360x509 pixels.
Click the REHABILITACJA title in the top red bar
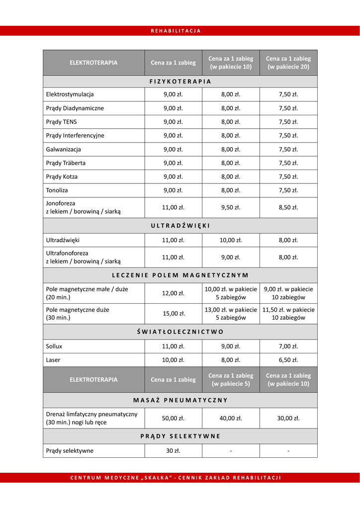click(x=176, y=31)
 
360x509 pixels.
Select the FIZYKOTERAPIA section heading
click(x=180, y=81)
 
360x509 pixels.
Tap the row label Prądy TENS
click(x=62, y=122)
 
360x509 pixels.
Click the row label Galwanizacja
click(x=64, y=149)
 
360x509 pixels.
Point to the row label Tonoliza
click(x=57, y=190)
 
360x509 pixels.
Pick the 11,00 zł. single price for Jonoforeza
click(x=173, y=207)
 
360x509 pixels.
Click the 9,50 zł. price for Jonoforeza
click(x=231, y=207)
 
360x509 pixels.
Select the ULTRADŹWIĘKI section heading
click(x=180, y=226)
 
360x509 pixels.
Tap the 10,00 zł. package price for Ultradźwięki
click(x=231, y=240)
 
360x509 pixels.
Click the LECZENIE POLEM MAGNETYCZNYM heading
click(x=180, y=275)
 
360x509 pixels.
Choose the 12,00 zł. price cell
click(x=173, y=293)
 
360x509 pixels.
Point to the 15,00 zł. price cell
click(x=173, y=314)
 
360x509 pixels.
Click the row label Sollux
click(x=54, y=346)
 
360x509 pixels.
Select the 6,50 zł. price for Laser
click(x=288, y=360)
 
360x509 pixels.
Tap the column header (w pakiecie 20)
click(x=288, y=67)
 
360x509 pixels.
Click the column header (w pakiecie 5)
click(x=231, y=384)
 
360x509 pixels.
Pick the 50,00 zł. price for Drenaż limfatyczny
click(x=173, y=418)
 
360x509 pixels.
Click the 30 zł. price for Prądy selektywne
click(x=173, y=451)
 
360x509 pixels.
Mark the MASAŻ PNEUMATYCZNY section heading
click(x=180, y=400)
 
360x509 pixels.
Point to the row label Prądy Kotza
click(x=62, y=176)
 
